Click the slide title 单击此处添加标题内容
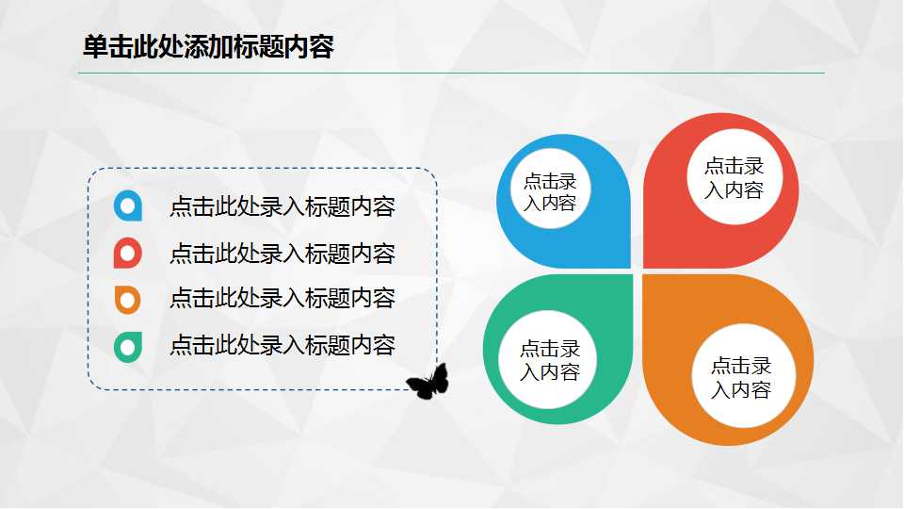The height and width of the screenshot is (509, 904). coord(208,47)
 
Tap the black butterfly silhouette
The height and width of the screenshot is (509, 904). coord(428,382)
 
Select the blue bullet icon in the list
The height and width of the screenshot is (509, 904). coord(128,205)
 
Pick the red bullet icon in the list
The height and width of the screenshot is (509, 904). coord(128,253)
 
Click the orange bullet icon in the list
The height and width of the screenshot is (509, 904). coord(128,299)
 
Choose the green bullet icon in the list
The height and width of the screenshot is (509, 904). coord(128,346)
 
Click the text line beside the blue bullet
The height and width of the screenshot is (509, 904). coord(282,207)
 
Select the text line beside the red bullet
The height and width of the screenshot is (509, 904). coord(282,254)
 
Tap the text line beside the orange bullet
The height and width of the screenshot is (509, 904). coord(282,299)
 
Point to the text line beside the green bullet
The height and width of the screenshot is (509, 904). coord(282,345)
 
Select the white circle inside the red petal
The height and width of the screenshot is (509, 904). coord(734,177)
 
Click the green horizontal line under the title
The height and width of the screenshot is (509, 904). coord(451,73)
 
